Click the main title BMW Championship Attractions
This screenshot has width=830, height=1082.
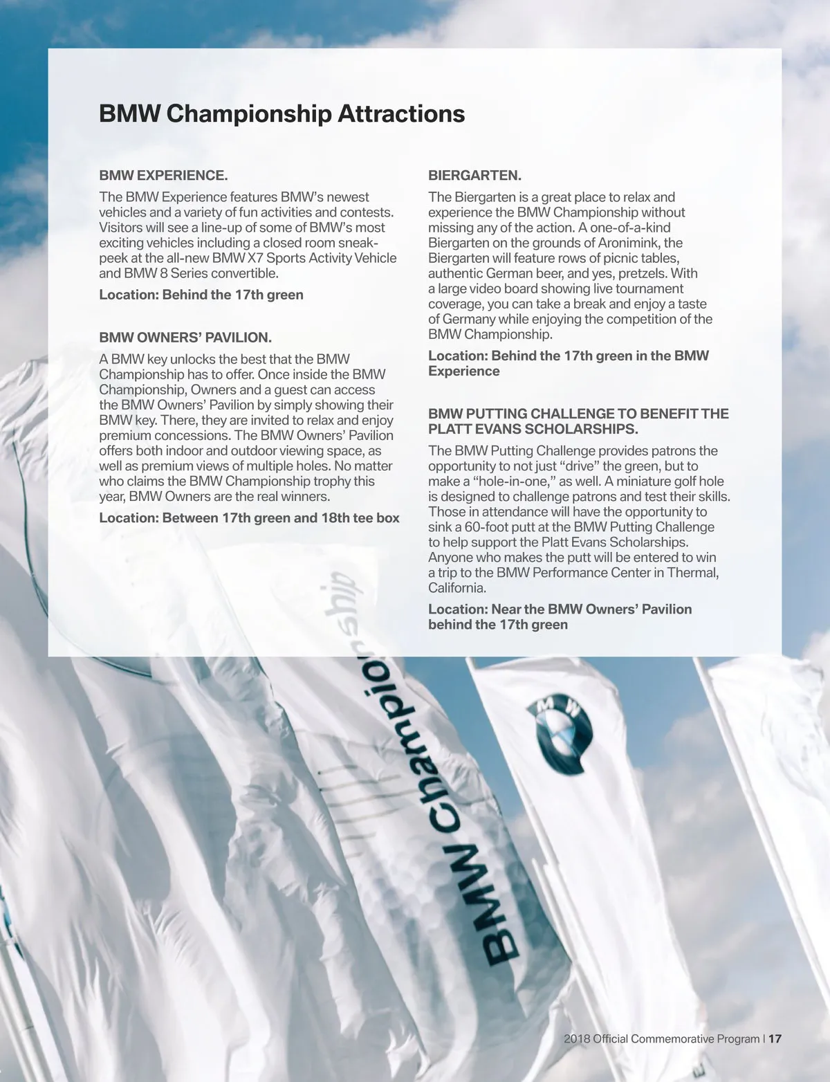coord(282,113)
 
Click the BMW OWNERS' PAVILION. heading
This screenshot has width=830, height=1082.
coord(185,338)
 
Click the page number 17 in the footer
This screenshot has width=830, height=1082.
coord(775,1038)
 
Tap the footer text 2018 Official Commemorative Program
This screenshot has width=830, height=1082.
coord(661,1038)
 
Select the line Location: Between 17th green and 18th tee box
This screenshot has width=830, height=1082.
coord(249,517)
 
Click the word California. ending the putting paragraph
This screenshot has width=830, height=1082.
coord(457,588)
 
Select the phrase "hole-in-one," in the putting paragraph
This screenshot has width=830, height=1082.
coord(514,482)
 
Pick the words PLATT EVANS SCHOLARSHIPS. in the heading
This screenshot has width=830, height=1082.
coord(533,429)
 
